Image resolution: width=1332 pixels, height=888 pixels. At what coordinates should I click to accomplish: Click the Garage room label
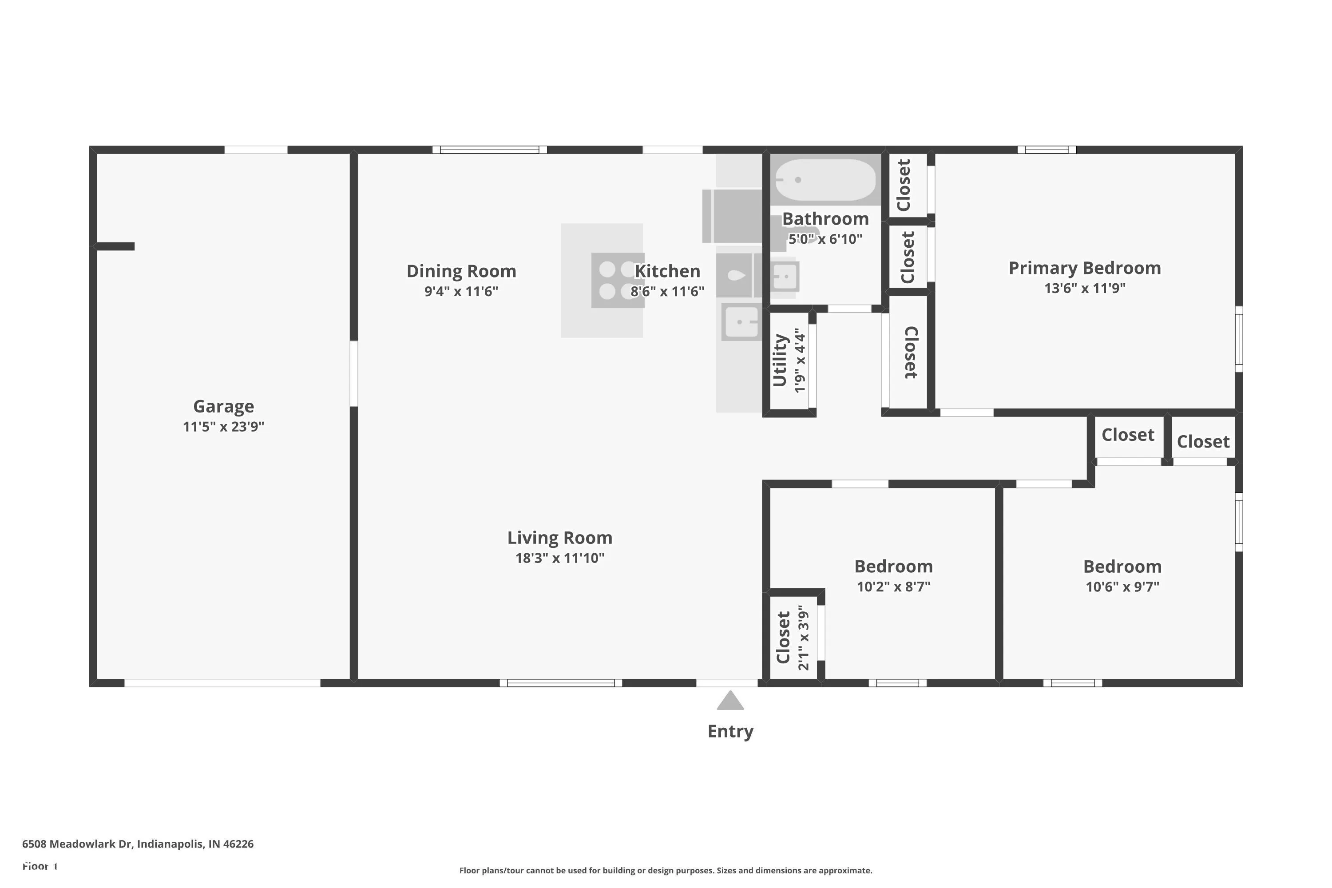click(x=223, y=406)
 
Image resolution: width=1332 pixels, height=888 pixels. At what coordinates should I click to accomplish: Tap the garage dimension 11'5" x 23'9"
click(x=223, y=426)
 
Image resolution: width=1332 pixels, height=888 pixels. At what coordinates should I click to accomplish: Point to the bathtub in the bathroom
click(x=825, y=179)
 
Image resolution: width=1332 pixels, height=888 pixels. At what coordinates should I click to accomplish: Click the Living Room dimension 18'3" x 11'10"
click(x=559, y=558)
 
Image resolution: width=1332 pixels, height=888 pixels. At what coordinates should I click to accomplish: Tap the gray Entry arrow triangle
click(x=730, y=701)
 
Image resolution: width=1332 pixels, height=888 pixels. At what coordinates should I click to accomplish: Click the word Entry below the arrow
click(x=730, y=731)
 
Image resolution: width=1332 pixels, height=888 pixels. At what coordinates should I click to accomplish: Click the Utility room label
click(x=780, y=360)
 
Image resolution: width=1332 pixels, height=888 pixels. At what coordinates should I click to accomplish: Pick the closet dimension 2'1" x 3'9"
click(x=803, y=638)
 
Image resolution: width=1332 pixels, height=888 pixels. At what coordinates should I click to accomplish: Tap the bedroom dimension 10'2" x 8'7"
click(x=893, y=587)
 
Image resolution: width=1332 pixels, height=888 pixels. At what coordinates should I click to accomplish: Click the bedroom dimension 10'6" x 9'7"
click(x=1122, y=587)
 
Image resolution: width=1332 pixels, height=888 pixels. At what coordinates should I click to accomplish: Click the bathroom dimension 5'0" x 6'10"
click(x=825, y=239)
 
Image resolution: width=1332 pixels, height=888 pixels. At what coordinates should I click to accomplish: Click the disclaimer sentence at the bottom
click(x=666, y=870)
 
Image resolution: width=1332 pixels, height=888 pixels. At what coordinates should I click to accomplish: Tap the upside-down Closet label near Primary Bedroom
click(x=909, y=352)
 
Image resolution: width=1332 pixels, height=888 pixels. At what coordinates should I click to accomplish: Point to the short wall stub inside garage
click(x=115, y=246)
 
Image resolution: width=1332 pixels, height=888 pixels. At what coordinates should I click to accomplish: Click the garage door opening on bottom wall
click(x=222, y=683)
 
